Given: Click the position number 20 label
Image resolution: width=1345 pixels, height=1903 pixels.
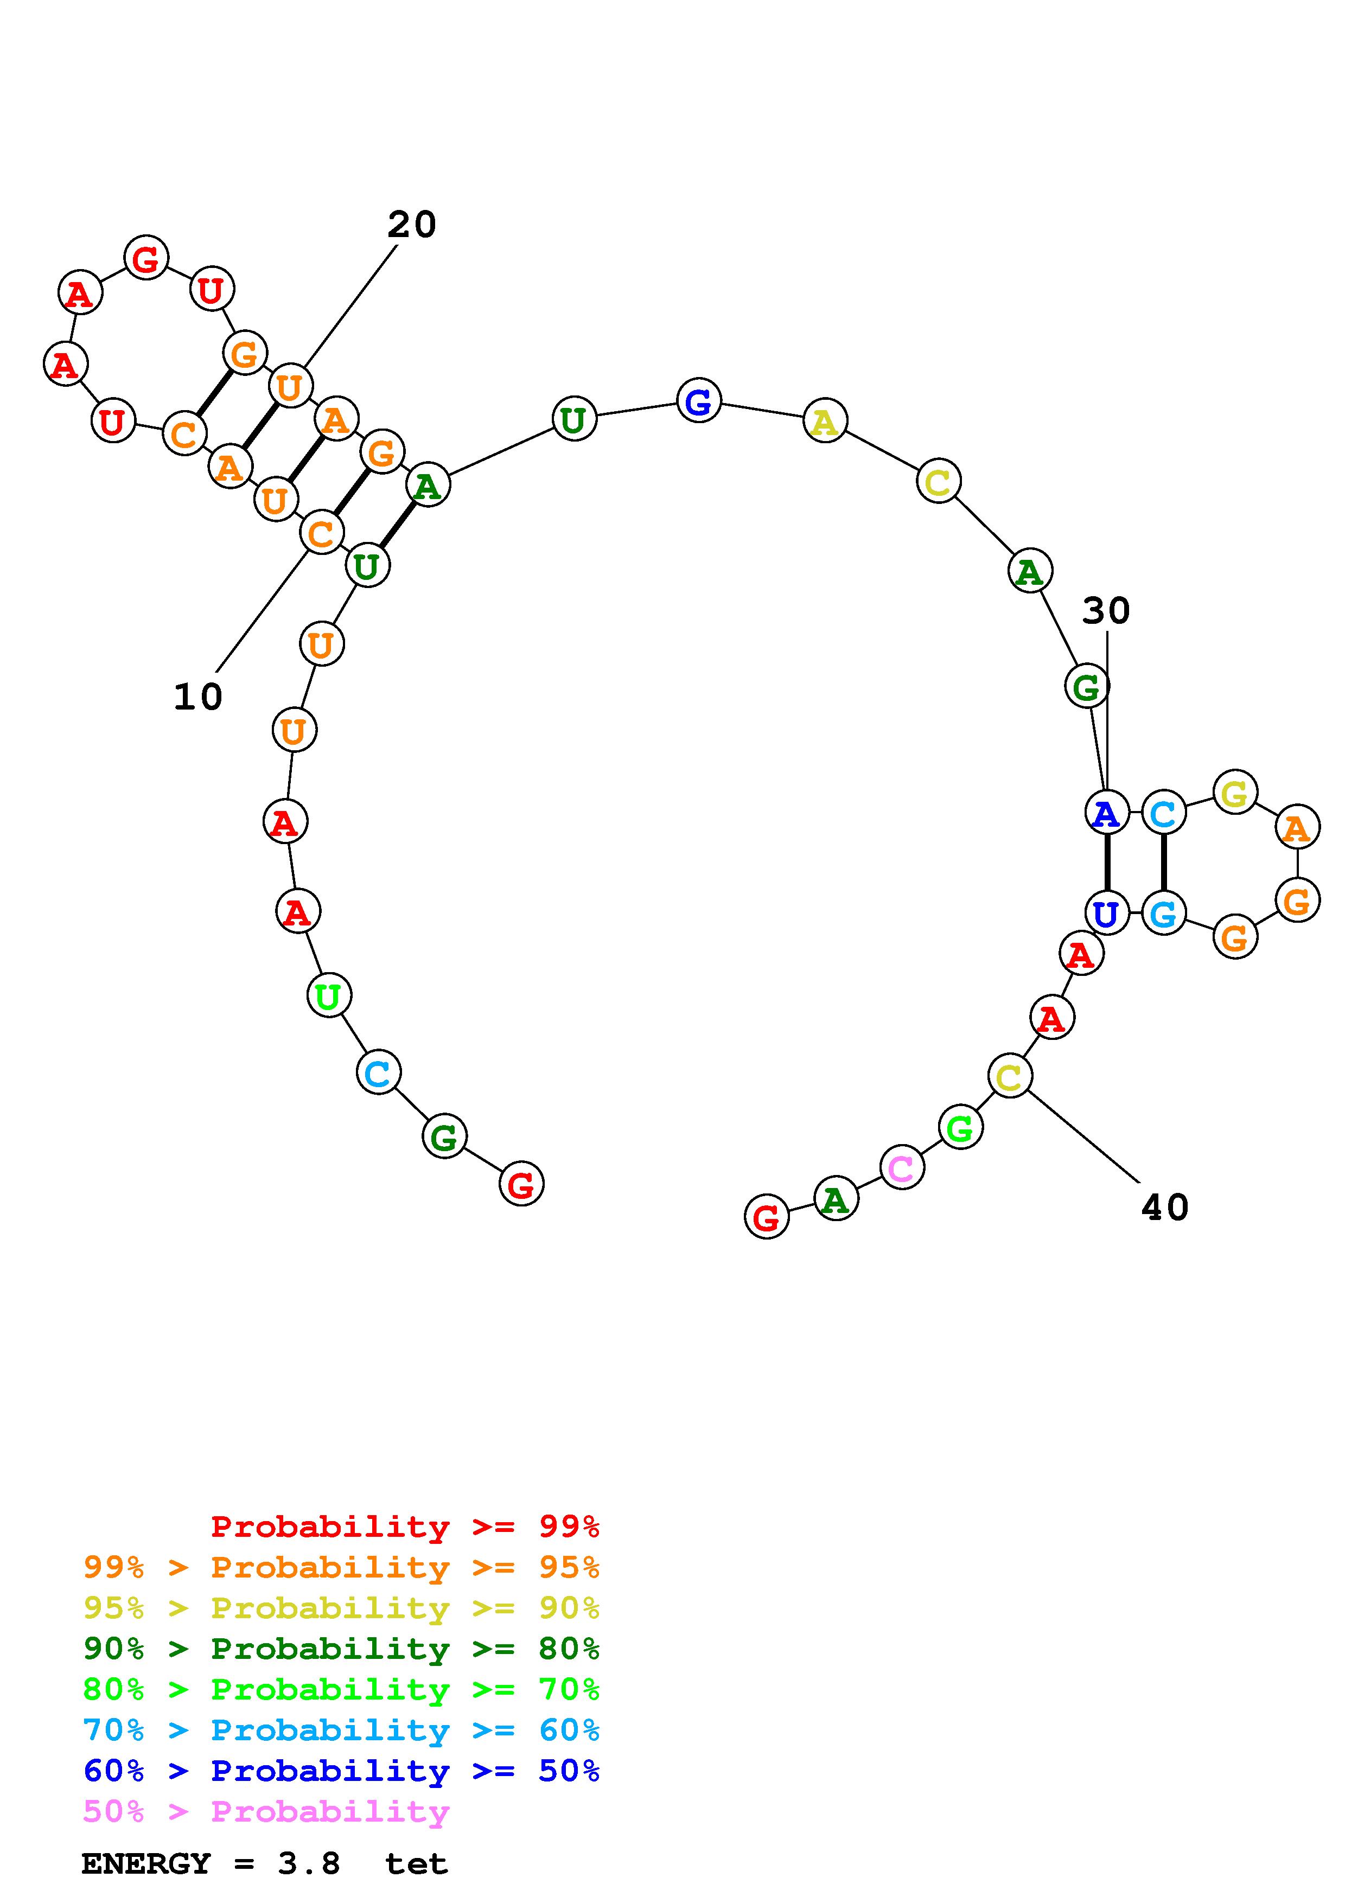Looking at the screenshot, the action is pos(411,225).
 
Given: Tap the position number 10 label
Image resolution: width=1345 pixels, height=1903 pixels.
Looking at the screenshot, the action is pos(198,697).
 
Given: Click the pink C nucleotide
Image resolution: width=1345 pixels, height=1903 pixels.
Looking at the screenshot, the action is pos(902,1168).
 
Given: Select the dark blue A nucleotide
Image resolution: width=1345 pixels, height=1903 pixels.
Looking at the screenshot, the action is pos(1106,813).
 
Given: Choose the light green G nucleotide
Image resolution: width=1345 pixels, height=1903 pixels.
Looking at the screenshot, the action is pos(960,1128).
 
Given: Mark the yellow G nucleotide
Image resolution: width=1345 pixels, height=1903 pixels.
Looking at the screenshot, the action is pos(1235,793).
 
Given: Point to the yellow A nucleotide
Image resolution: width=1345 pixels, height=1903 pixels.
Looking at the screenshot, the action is pos(825,423).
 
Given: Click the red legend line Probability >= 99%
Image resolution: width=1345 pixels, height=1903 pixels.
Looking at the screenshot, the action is pos(404,1526).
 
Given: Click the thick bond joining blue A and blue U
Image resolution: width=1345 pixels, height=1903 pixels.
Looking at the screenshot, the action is pos(1106,864).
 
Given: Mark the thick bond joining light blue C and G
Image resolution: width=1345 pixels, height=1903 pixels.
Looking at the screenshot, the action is pos(1163,864).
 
